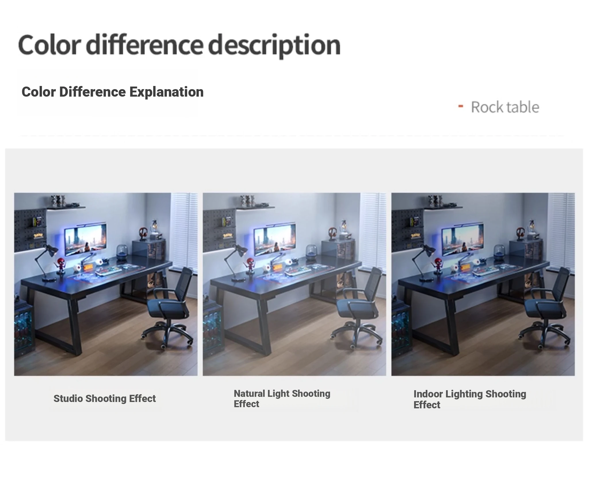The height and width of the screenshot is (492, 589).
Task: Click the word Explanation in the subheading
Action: click(167, 92)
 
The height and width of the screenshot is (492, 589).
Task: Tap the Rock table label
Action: click(505, 107)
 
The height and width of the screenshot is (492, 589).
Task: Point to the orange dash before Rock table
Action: click(460, 106)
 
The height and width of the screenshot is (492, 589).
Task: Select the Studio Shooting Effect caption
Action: click(105, 399)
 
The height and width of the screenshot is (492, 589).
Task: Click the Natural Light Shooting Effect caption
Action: click(282, 399)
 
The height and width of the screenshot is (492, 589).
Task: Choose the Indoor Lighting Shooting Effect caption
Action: click(470, 399)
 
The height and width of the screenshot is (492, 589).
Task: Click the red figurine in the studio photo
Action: click(61, 266)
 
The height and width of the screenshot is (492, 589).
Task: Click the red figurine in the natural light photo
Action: click(249, 266)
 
